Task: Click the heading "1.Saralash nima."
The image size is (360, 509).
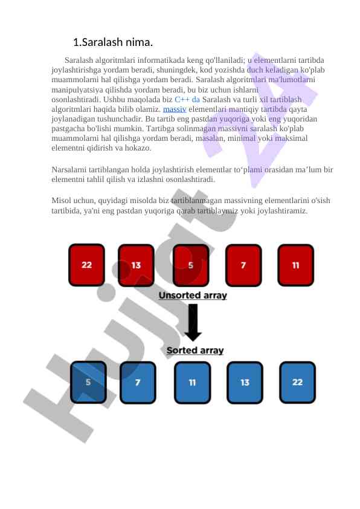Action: (113, 42)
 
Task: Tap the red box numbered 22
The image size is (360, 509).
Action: (86, 265)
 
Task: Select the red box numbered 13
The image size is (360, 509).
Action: (136, 265)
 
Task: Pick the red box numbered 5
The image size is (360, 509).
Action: (191, 265)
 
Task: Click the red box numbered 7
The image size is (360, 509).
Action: (243, 265)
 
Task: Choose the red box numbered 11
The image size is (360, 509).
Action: (296, 265)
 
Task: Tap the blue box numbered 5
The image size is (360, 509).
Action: (88, 383)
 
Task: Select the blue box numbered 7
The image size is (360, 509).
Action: (138, 383)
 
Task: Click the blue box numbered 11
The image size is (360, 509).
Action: (193, 383)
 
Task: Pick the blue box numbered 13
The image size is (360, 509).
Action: (245, 383)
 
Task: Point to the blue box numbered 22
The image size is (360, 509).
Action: (297, 383)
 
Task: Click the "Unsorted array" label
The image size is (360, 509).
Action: (193, 296)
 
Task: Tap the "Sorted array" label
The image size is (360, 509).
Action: (195, 351)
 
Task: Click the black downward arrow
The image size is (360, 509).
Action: (193, 322)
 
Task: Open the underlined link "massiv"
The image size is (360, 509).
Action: (175, 109)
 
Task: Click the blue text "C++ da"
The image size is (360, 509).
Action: (187, 99)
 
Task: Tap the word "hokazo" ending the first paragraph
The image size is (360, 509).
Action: (138, 148)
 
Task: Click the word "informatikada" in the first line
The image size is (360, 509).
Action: (161, 60)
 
